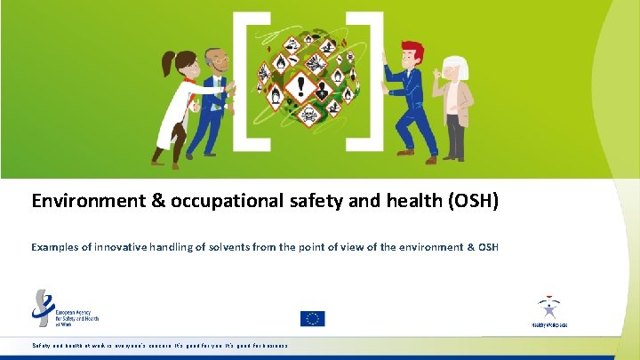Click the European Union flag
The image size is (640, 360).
point(312,318)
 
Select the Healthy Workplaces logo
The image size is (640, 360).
point(548,311)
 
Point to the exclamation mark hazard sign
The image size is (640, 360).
point(301,86)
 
